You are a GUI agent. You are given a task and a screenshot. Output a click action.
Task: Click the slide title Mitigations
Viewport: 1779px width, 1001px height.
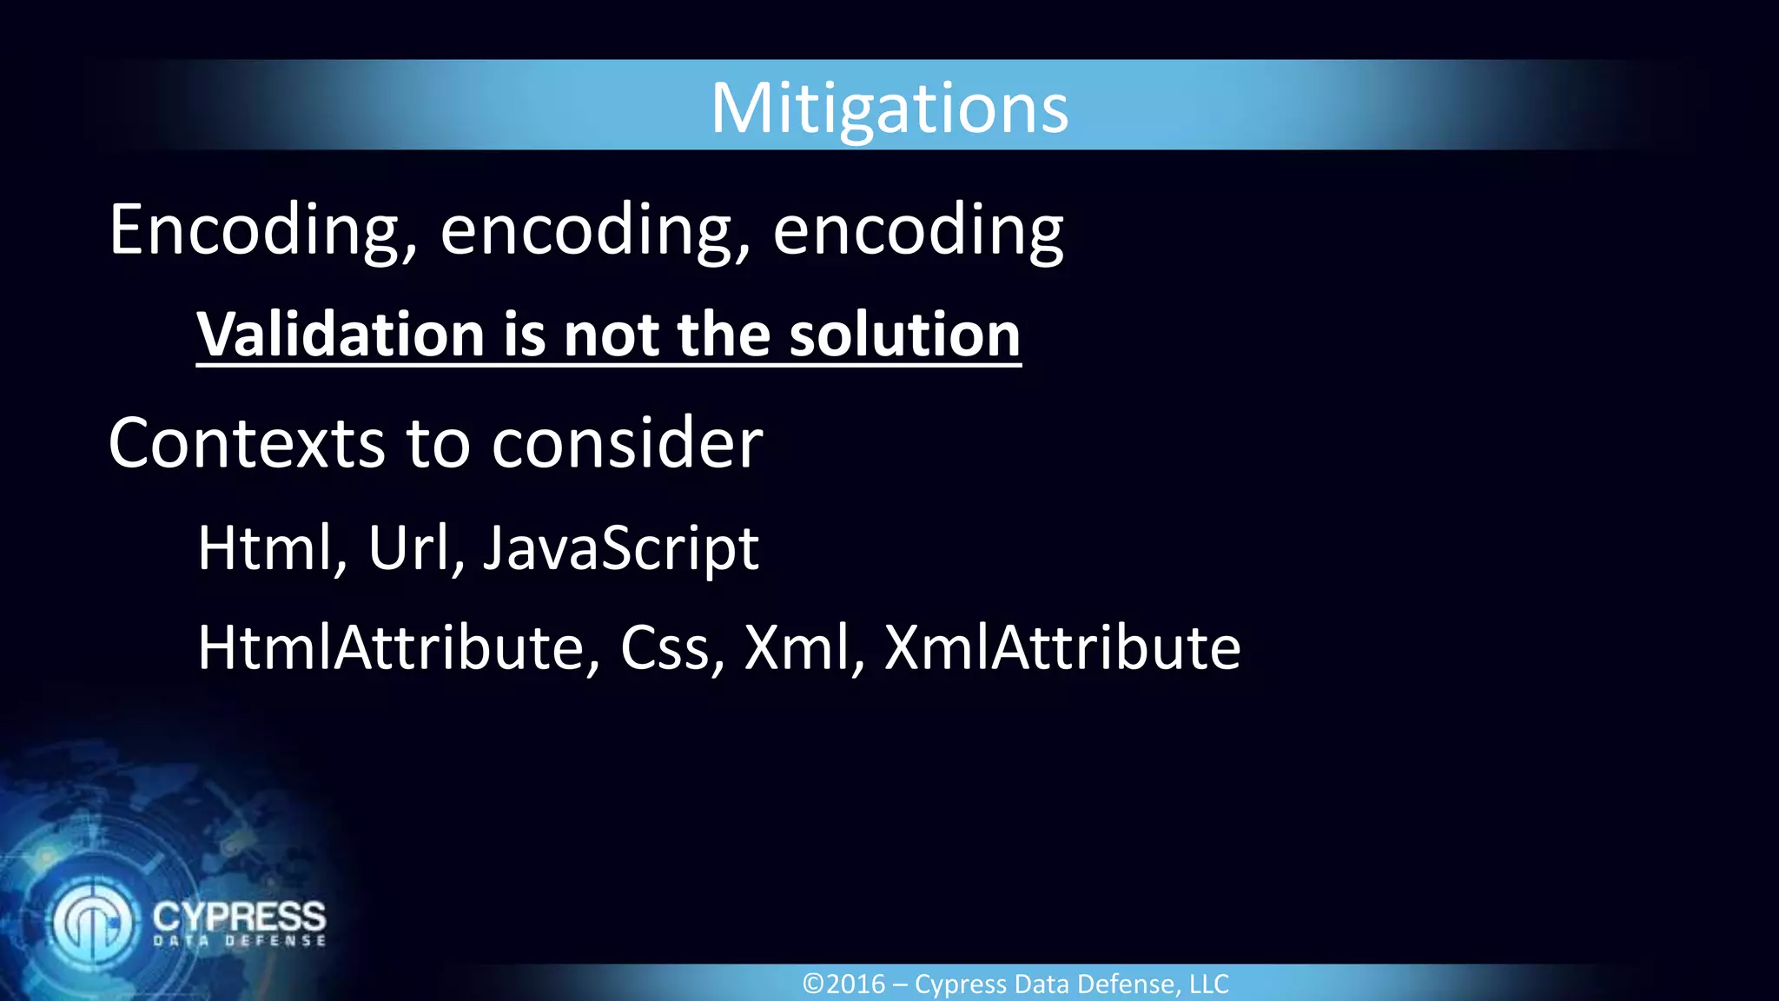[x=889, y=109]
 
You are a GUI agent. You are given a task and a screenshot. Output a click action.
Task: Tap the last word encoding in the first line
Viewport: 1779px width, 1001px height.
[x=917, y=230]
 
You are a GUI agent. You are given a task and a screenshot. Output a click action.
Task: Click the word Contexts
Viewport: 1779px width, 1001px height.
[x=247, y=443]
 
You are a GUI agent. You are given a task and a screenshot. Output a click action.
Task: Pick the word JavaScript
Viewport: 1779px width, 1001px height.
[x=621, y=547]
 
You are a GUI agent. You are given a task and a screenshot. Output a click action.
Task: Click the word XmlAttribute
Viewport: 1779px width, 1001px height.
[x=1062, y=648]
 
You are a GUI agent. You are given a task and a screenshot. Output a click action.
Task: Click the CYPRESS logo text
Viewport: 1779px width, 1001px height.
[x=239, y=916]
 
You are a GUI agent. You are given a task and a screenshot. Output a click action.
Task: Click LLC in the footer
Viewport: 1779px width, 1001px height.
[x=1208, y=984]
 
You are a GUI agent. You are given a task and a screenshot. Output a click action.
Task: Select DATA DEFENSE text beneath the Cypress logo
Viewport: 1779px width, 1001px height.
[x=239, y=941]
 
